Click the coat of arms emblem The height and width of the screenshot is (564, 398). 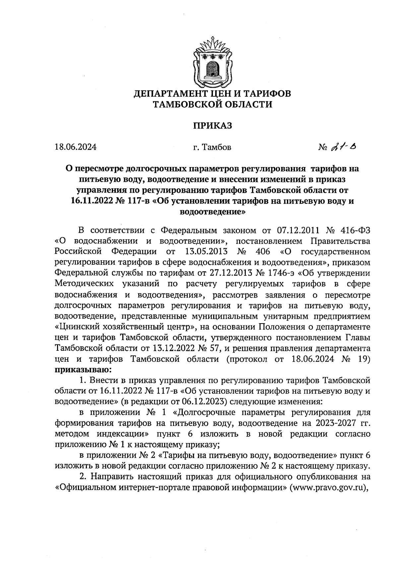pos(212,63)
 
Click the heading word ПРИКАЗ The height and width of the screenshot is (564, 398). pos(212,126)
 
